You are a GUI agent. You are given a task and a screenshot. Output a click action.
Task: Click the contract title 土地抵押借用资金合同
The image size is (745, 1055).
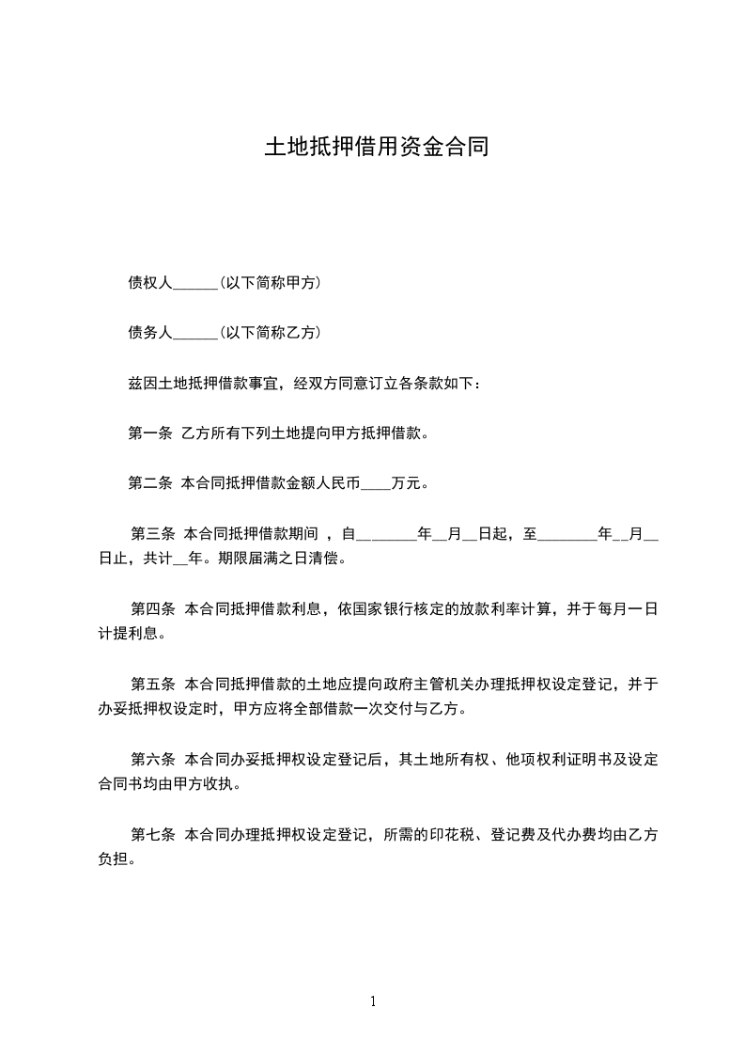(x=376, y=148)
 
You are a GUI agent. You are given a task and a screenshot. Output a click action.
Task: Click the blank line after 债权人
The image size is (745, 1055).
(x=195, y=283)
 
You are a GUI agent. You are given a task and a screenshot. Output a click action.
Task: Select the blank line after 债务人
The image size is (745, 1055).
(x=195, y=333)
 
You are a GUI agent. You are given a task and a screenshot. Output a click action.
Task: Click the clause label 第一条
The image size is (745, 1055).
(x=149, y=433)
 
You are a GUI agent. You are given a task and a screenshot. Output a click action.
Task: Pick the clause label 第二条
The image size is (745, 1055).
(x=149, y=484)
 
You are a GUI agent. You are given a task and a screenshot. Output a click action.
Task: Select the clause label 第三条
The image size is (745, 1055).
(x=153, y=534)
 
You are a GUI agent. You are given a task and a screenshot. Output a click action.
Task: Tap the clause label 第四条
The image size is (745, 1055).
(x=153, y=609)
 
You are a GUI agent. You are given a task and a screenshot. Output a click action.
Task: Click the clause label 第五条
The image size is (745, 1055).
(x=153, y=685)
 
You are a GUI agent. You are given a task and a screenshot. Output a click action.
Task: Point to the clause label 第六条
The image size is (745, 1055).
(x=153, y=760)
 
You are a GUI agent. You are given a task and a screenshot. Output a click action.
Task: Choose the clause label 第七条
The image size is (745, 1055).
(x=153, y=835)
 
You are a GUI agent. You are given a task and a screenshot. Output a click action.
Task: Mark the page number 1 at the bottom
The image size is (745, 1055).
(x=373, y=1001)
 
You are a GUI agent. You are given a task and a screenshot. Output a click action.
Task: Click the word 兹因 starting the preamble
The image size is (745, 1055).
(x=139, y=384)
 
